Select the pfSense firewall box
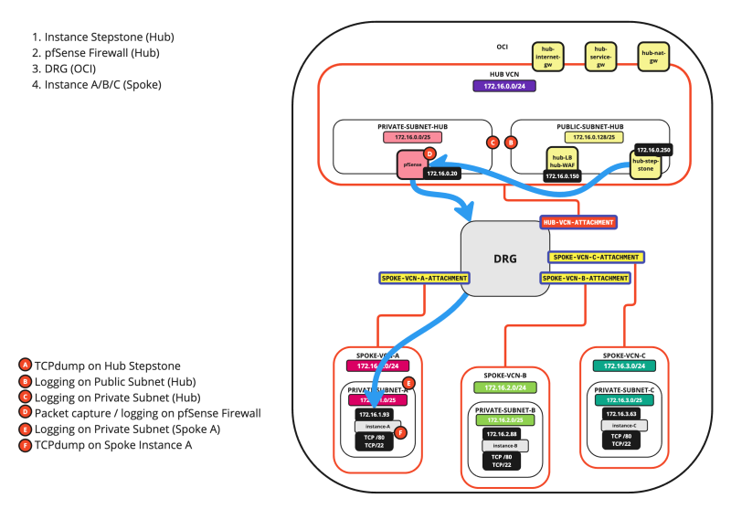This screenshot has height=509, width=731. (x=412, y=164)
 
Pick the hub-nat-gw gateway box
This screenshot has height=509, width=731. (x=652, y=55)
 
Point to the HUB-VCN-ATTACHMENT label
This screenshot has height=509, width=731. (x=577, y=222)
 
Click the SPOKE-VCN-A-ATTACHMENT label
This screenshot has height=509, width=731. (x=424, y=277)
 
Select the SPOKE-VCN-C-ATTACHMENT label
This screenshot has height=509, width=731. (x=596, y=258)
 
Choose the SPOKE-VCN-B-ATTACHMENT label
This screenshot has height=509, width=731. (x=585, y=277)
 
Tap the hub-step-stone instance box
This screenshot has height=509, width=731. (x=644, y=164)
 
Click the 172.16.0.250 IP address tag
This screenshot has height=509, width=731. (x=653, y=149)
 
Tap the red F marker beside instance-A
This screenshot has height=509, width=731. (x=401, y=433)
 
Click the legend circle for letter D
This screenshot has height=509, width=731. (x=26, y=413)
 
